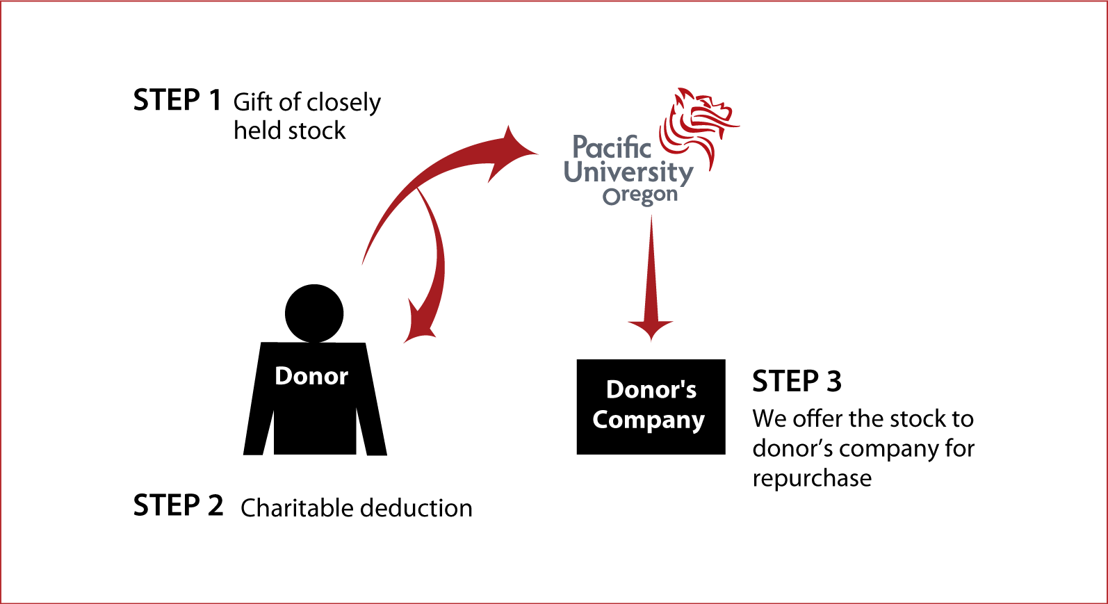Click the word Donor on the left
311,376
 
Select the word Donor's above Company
651,390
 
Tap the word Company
649,420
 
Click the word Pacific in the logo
611,147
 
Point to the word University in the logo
628,172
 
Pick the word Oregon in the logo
640,196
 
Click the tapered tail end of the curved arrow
364,262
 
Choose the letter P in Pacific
580,147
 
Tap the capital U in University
574,170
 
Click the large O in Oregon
611,197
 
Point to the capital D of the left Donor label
284,376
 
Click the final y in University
685,174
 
